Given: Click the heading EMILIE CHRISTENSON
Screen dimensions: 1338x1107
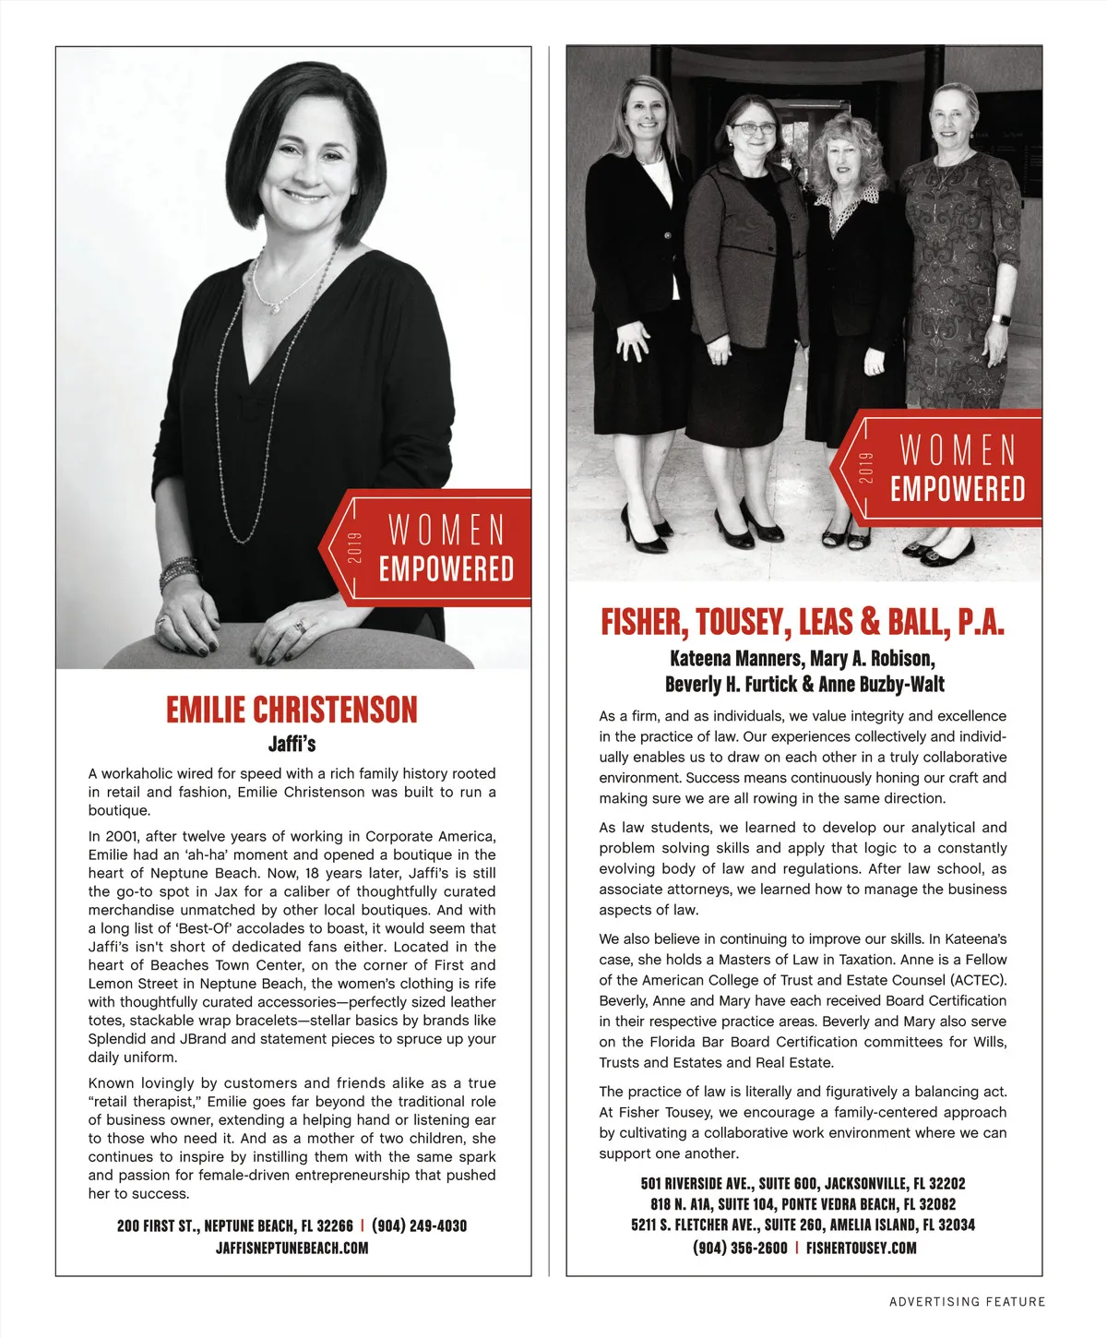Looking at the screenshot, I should click(x=292, y=710).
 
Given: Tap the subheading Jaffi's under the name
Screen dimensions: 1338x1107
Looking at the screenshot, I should click(x=292, y=743).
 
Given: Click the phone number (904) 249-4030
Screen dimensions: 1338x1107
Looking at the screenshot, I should click(x=419, y=1225).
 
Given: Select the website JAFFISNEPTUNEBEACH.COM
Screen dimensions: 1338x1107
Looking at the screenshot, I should click(x=292, y=1248).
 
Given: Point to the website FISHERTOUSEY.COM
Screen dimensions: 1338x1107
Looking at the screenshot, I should click(x=861, y=1248).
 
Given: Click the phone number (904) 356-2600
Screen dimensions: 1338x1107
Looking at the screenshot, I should click(x=740, y=1248).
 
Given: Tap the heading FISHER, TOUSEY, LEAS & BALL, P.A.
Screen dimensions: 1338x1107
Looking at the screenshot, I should click(x=803, y=623).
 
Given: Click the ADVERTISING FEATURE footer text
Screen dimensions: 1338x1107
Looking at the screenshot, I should click(x=967, y=1301).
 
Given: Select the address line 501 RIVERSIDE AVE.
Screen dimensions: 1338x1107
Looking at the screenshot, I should click(x=803, y=1183).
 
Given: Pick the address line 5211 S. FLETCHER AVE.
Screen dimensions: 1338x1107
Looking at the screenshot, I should click(x=803, y=1225).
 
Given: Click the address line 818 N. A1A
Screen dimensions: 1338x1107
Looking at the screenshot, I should click(x=803, y=1204).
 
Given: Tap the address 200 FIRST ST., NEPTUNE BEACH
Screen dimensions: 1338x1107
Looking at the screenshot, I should click(x=234, y=1225).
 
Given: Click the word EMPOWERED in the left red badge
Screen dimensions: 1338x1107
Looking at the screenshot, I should click(x=446, y=569).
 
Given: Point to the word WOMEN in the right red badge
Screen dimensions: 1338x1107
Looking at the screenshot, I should click(x=958, y=450).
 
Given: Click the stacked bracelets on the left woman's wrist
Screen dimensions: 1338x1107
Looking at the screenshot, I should click(x=178, y=573).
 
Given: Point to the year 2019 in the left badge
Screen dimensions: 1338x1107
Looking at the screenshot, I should click(x=356, y=548).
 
